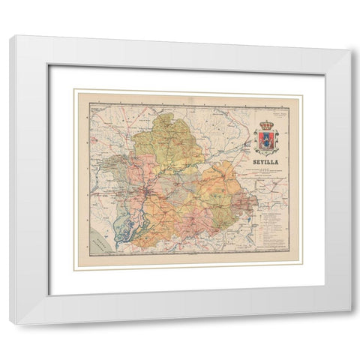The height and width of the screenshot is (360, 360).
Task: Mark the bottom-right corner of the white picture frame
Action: [349, 322]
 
